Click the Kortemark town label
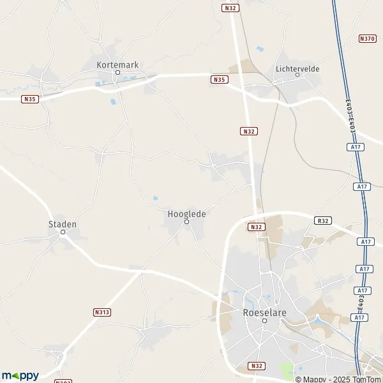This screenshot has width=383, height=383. [117, 64]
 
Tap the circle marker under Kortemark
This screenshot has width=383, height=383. [117, 73]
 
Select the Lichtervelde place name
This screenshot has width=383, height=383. [297, 68]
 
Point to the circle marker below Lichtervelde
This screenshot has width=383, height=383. [297, 75]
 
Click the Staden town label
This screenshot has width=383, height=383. [63, 224]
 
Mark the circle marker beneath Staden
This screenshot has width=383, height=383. [63, 232]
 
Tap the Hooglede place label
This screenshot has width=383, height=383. [187, 214]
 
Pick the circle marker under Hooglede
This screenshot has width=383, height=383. [187, 222]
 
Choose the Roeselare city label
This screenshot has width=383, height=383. [264, 313]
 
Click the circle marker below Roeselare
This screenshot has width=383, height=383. [264, 321]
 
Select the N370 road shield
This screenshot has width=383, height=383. [368, 38]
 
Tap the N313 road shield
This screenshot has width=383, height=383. [101, 312]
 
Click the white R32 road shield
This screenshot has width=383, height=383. [322, 220]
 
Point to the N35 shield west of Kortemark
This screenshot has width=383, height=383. [29, 99]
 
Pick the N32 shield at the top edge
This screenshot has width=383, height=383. [230, 8]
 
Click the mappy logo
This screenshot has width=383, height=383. [20, 376]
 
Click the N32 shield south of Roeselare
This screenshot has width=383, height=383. [256, 366]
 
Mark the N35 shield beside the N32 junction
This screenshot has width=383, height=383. [219, 79]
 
